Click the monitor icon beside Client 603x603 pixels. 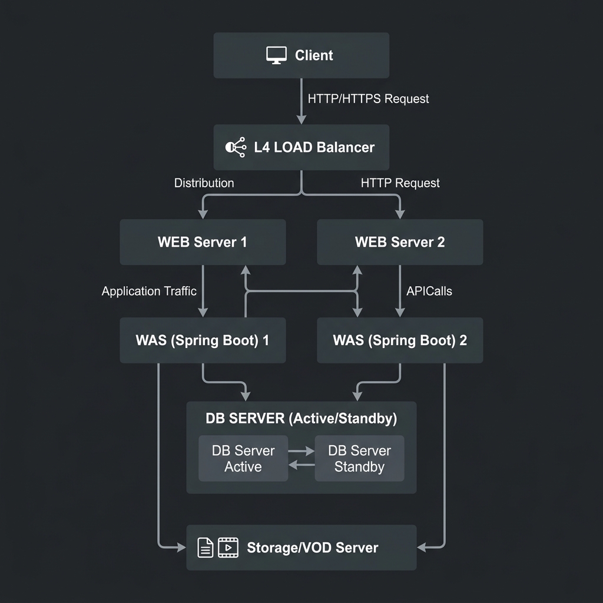pyautogui.click(x=276, y=55)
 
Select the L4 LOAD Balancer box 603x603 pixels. pyautogui.click(x=301, y=147)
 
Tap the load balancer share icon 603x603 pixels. pyautogui.click(x=236, y=147)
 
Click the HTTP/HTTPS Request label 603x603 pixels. pyautogui.click(x=368, y=99)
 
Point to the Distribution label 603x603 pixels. pyautogui.click(x=204, y=183)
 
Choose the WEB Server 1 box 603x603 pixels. pyautogui.click(x=203, y=242)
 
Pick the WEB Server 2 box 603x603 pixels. pyautogui.click(x=400, y=242)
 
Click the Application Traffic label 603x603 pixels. pyautogui.click(x=149, y=291)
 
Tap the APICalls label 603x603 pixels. pyautogui.click(x=429, y=291)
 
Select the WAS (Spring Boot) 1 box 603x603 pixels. pyautogui.click(x=203, y=340)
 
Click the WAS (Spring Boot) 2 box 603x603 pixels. pyautogui.click(x=400, y=340)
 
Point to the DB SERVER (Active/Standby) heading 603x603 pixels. pyautogui.click(x=301, y=419)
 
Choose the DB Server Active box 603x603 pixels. pyautogui.click(x=243, y=458)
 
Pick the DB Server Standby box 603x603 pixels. pyautogui.click(x=360, y=458)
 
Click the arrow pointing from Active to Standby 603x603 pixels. pyautogui.click(x=301, y=451)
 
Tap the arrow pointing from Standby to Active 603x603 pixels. pyautogui.click(x=301, y=465)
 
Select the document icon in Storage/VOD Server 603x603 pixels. pyautogui.click(x=206, y=548)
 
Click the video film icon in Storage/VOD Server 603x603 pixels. pyautogui.click(x=228, y=548)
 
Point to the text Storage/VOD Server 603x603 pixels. pyautogui.click(x=312, y=548)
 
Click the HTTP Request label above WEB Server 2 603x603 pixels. pyautogui.click(x=400, y=183)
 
